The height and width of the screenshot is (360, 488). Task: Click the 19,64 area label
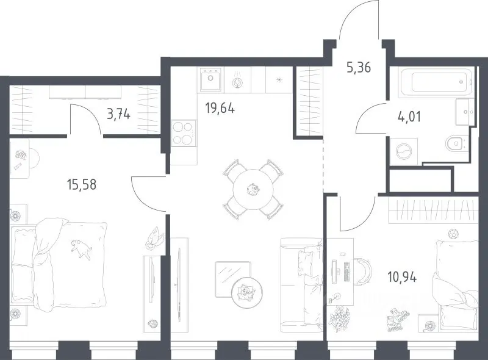[220, 109]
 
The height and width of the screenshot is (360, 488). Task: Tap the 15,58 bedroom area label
[82, 184]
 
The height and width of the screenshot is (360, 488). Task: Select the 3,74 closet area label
[118, 115]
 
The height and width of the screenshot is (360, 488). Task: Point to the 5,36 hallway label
[359, 67]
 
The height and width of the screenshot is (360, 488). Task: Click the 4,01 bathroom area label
[409, 117]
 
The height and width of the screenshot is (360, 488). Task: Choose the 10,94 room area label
[402, 276]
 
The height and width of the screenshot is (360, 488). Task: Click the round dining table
[253, 189]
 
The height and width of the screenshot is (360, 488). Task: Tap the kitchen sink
[210, 80]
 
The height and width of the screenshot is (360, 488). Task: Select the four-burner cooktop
[184, 133]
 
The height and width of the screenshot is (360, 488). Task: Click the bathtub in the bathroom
[435, 82]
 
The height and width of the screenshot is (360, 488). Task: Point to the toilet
[456, 144]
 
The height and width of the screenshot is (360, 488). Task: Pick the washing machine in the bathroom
[404, 152]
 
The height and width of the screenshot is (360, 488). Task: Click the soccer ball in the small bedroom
[453, 234]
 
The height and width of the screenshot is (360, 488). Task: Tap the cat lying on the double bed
[81, 248]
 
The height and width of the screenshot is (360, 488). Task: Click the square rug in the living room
[233, 279]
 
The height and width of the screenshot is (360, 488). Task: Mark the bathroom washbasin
[465, 112]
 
